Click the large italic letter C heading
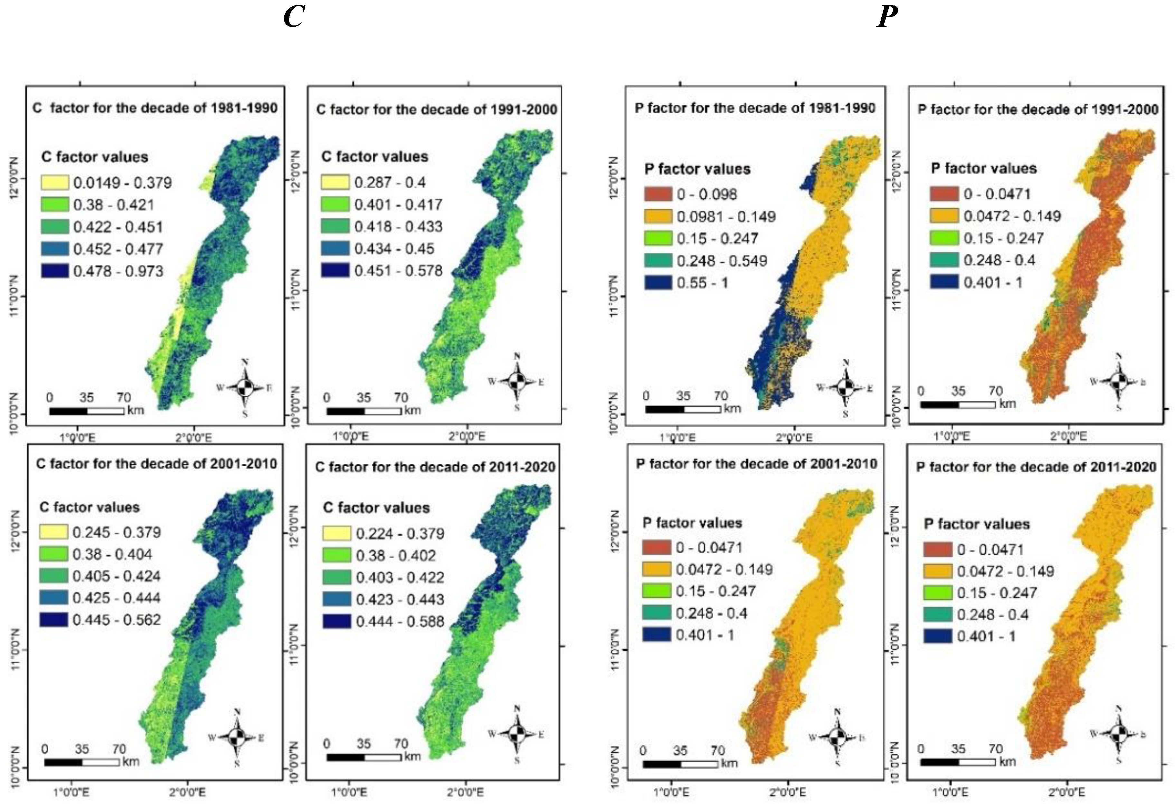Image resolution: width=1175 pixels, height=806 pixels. coord(294,18)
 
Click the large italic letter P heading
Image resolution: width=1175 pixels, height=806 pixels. coord(887,18)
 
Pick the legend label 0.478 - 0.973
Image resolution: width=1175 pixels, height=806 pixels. coord(118,271)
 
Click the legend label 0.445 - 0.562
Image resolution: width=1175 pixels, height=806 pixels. coord(116,620)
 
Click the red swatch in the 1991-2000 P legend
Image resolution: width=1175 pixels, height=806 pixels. coord(944,194)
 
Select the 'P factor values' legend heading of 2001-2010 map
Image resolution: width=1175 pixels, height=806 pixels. coord(692,523)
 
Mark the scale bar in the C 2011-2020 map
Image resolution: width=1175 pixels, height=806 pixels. coord(364,757)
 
